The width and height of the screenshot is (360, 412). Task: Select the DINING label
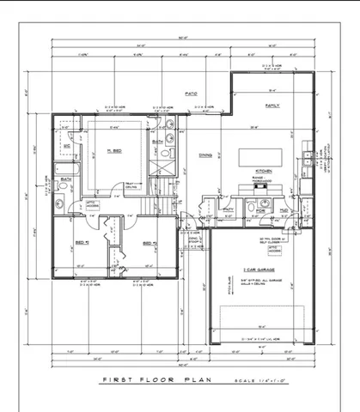(x=205, y=155)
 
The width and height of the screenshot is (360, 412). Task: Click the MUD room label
(x=283, y=209)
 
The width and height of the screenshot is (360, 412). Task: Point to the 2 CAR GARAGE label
(x=258, y=269)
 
